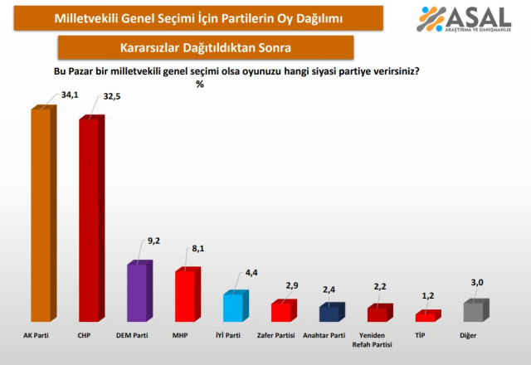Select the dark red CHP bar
[x=89, y=220]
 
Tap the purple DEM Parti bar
[x=137, y=292]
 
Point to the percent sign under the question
[x=200, y=84]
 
